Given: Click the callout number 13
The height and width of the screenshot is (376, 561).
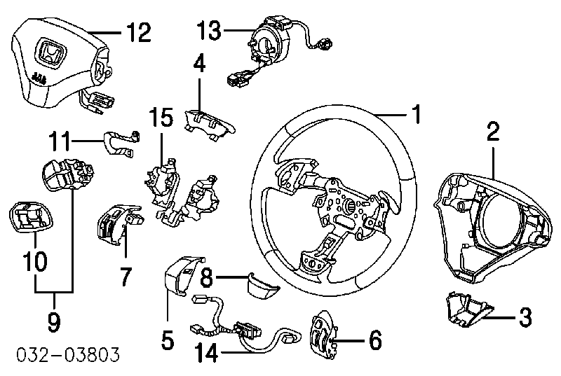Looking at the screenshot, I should coord(210,31).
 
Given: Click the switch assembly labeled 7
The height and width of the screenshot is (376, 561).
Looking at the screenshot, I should coord(114,225).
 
